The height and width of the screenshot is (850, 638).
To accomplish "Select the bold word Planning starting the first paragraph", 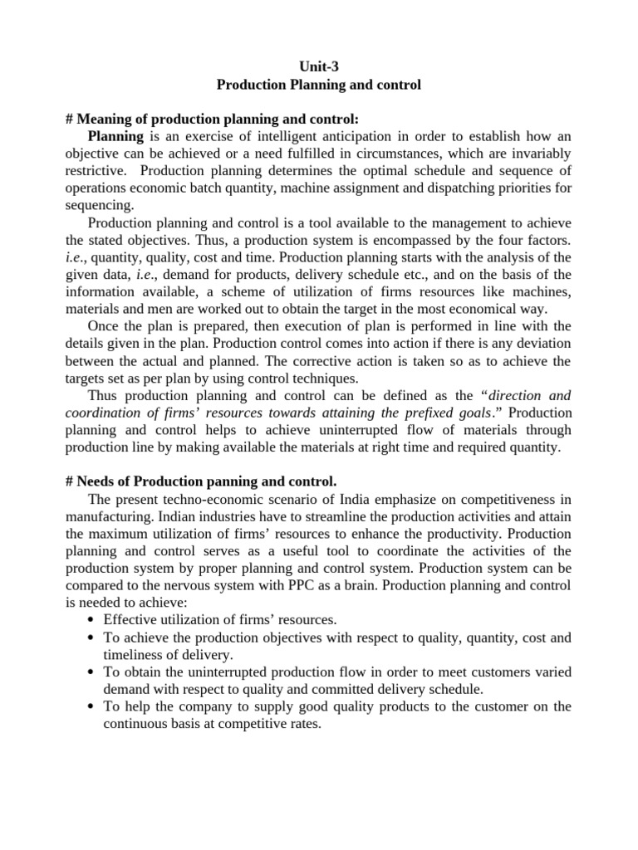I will tap(115, 136).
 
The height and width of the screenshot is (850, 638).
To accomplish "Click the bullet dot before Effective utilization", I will tap(91, 620).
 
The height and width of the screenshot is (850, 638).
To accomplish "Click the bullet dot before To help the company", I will tap(91, 706).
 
